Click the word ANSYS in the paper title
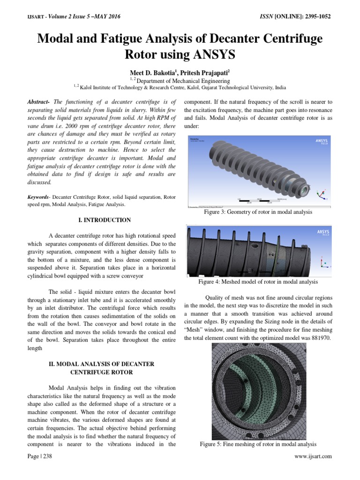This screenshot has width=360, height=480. pos(212,54)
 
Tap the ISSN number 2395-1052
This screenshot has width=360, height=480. pos(314,17)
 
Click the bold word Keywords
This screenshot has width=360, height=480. pos(40,197)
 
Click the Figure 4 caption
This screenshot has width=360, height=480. pos(258,282)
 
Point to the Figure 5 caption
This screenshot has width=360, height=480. pos(258,444)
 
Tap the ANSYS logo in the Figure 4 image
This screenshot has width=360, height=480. pos(323,232)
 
